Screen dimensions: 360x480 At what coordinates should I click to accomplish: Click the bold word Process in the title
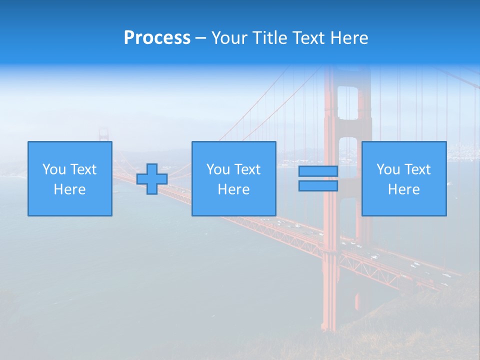click(x=157, y=38)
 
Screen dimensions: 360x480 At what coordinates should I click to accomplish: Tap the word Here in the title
click(x=348, y=38)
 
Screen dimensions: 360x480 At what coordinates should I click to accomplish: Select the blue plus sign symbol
click(x=152, y=179)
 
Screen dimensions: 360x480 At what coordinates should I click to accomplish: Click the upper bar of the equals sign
click(x=318, y=171)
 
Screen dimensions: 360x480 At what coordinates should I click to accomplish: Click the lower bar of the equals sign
click(x=318, y=186)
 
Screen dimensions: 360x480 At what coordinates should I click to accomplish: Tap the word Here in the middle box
click(x=233, y=189)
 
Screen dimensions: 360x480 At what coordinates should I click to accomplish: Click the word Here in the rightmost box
click(x=403, y=189)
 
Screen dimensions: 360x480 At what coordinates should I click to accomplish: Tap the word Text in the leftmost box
click(x=83, y=169)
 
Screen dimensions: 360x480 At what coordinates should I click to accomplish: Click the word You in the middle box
click(x=218, y=169)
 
